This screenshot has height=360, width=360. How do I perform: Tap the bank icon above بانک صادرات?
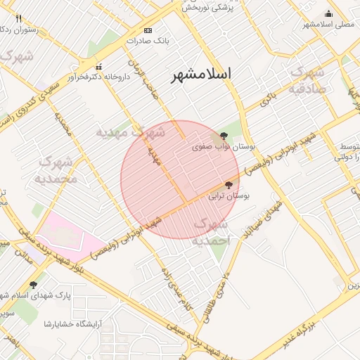click(x=148, y=31)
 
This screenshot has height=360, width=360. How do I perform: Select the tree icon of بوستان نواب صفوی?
click(x=224, y=135)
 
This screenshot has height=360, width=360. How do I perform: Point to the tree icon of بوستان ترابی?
click(x=228, y=185)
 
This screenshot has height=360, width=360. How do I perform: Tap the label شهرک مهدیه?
click(x=130, y=131)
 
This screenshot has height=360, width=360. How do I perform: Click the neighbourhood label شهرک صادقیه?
click(x=307, y=79)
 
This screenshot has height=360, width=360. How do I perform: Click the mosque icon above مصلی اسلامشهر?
click(x=328, y=13)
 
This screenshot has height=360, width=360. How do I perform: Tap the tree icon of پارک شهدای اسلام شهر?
click(x=33, y=285)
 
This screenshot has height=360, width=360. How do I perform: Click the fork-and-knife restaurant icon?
click(x=18, y=18)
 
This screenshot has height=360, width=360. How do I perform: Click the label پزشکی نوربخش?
click(x=208, y=7)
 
